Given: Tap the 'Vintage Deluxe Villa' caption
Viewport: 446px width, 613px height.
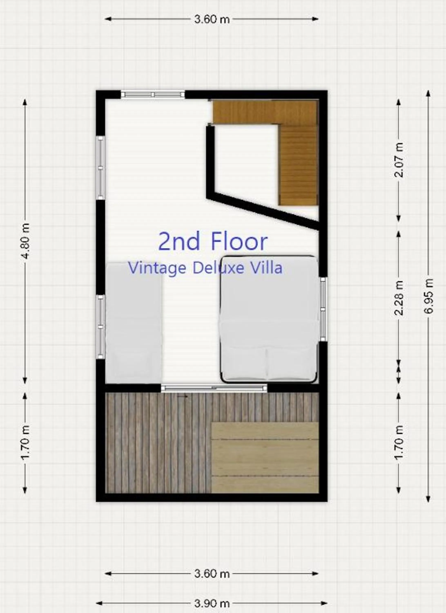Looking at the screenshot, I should point(205,268).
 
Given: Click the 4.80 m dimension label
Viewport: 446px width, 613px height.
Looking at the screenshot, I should point(25,241).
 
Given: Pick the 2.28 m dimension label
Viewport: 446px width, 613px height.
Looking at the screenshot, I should point(399,298).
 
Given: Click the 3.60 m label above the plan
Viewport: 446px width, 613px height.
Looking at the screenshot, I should point(212,19).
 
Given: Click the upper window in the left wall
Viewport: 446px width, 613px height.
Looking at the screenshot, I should point(100,168).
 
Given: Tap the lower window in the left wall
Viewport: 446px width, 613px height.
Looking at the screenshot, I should point(100,327).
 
